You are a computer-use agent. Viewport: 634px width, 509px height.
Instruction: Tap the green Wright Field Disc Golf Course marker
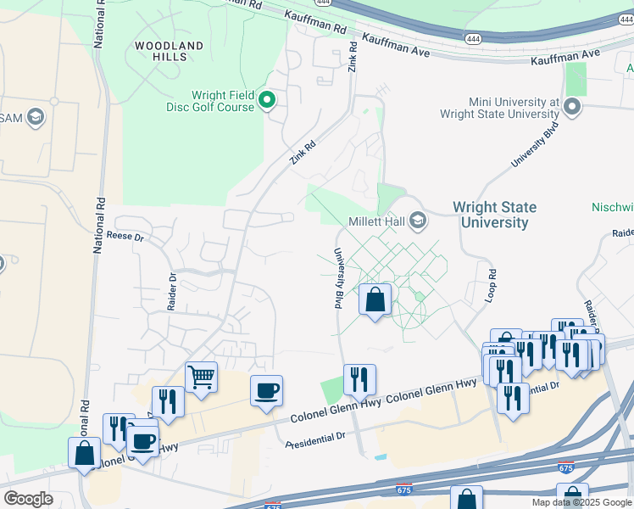(267, 102)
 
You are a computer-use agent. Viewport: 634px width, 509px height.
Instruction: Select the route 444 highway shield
(474, 37)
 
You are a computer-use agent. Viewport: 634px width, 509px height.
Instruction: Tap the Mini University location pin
(572, 107)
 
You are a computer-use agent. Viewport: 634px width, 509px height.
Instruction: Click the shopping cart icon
(201, 376)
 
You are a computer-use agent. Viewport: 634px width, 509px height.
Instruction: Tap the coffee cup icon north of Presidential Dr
(266, 390)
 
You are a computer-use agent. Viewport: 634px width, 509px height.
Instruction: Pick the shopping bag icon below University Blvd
(375, 299)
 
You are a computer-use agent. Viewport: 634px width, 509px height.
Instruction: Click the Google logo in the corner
(28, 498)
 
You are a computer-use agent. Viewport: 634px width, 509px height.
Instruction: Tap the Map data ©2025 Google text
(581, 502)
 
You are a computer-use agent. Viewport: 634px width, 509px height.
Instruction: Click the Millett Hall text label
(376, 221)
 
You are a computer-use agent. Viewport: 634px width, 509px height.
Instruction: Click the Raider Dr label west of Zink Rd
(172, 291)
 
